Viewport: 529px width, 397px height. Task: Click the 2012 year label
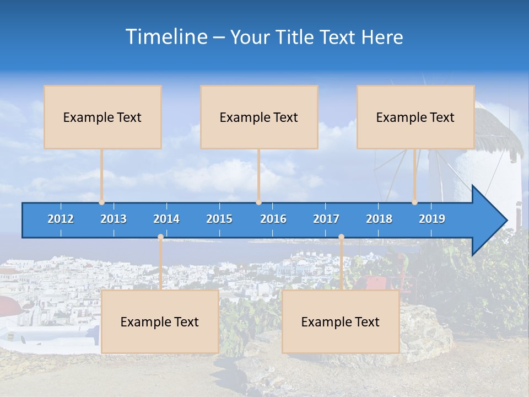(x=61, y=219)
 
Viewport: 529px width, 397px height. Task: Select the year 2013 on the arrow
(x=114, y=219)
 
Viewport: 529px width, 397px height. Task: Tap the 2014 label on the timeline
(x=166, y=219)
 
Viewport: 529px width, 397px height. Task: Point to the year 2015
(x=219, y=219)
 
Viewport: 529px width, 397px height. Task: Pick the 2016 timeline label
(x=273, y=219)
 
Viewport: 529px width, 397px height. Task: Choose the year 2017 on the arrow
(x=326, y=219)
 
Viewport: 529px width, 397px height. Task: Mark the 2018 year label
(x=379, y=219)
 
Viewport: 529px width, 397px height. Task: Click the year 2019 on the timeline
(x=432, y=219)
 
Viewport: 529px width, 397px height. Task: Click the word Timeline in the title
(x=166, y=36)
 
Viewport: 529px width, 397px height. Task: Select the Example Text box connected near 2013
(x=102, y=117)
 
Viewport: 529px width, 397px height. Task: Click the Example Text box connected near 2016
(x=259, y=117)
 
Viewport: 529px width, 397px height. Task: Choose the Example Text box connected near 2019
(x=415, y=117)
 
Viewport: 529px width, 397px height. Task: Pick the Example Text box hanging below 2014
(x=160, y=321)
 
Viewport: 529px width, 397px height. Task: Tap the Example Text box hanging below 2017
(x=341, y=321)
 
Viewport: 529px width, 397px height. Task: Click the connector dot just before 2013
(x=101, y=202)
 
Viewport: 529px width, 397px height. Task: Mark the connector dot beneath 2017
(x=341, y=237)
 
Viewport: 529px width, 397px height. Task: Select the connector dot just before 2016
(x=258, y=202)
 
